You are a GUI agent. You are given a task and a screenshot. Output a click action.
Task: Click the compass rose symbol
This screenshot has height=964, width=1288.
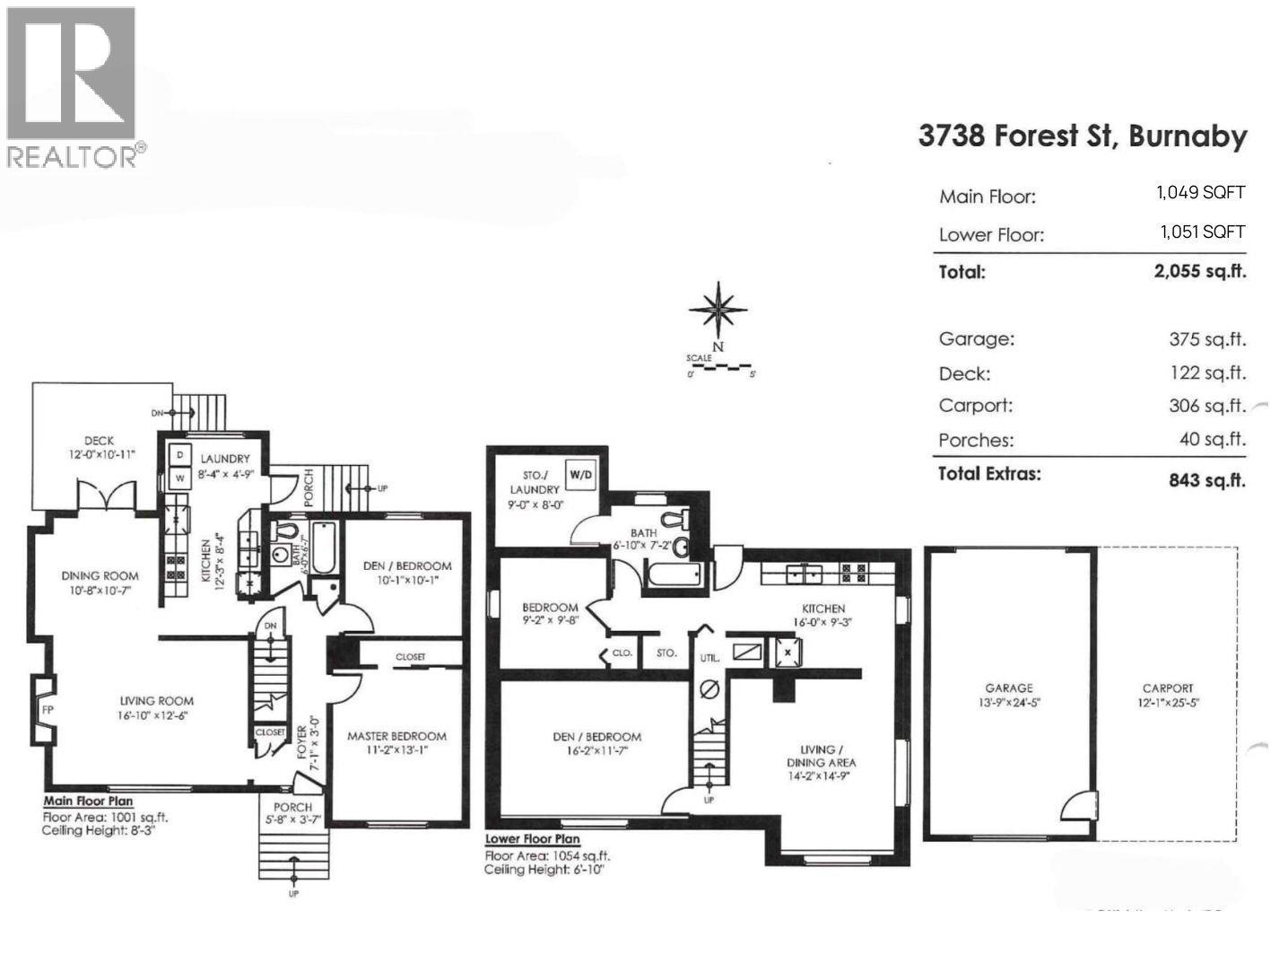718,310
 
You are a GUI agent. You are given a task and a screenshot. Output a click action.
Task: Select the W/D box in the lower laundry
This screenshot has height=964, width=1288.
581,474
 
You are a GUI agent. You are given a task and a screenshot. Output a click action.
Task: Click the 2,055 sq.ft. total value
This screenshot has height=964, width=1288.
1200,271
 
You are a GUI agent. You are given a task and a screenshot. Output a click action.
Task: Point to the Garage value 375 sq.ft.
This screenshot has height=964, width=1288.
1207,339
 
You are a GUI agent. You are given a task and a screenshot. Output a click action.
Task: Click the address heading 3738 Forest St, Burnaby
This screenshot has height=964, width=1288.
1083,136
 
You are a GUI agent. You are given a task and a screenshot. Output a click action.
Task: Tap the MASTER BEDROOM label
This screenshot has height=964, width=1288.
396,736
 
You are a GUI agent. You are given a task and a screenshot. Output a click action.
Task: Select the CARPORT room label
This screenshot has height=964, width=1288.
1168,688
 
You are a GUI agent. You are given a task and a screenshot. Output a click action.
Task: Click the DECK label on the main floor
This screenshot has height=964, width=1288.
99,441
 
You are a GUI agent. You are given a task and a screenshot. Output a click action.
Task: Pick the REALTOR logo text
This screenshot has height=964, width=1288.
74,155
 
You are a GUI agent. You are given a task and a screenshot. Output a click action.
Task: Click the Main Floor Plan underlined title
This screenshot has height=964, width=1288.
88,802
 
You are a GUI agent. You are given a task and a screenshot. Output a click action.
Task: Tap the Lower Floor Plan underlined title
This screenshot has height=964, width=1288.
532,839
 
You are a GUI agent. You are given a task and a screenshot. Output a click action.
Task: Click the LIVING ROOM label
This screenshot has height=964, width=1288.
157,701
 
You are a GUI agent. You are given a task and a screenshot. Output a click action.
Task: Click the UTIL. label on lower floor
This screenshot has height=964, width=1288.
710,658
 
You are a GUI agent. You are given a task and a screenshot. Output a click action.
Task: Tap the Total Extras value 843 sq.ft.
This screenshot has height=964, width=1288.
1207,480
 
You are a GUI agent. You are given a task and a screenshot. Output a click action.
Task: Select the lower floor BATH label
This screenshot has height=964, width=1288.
643,532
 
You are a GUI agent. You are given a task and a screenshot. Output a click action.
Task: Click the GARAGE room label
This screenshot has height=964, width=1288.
1009,688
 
